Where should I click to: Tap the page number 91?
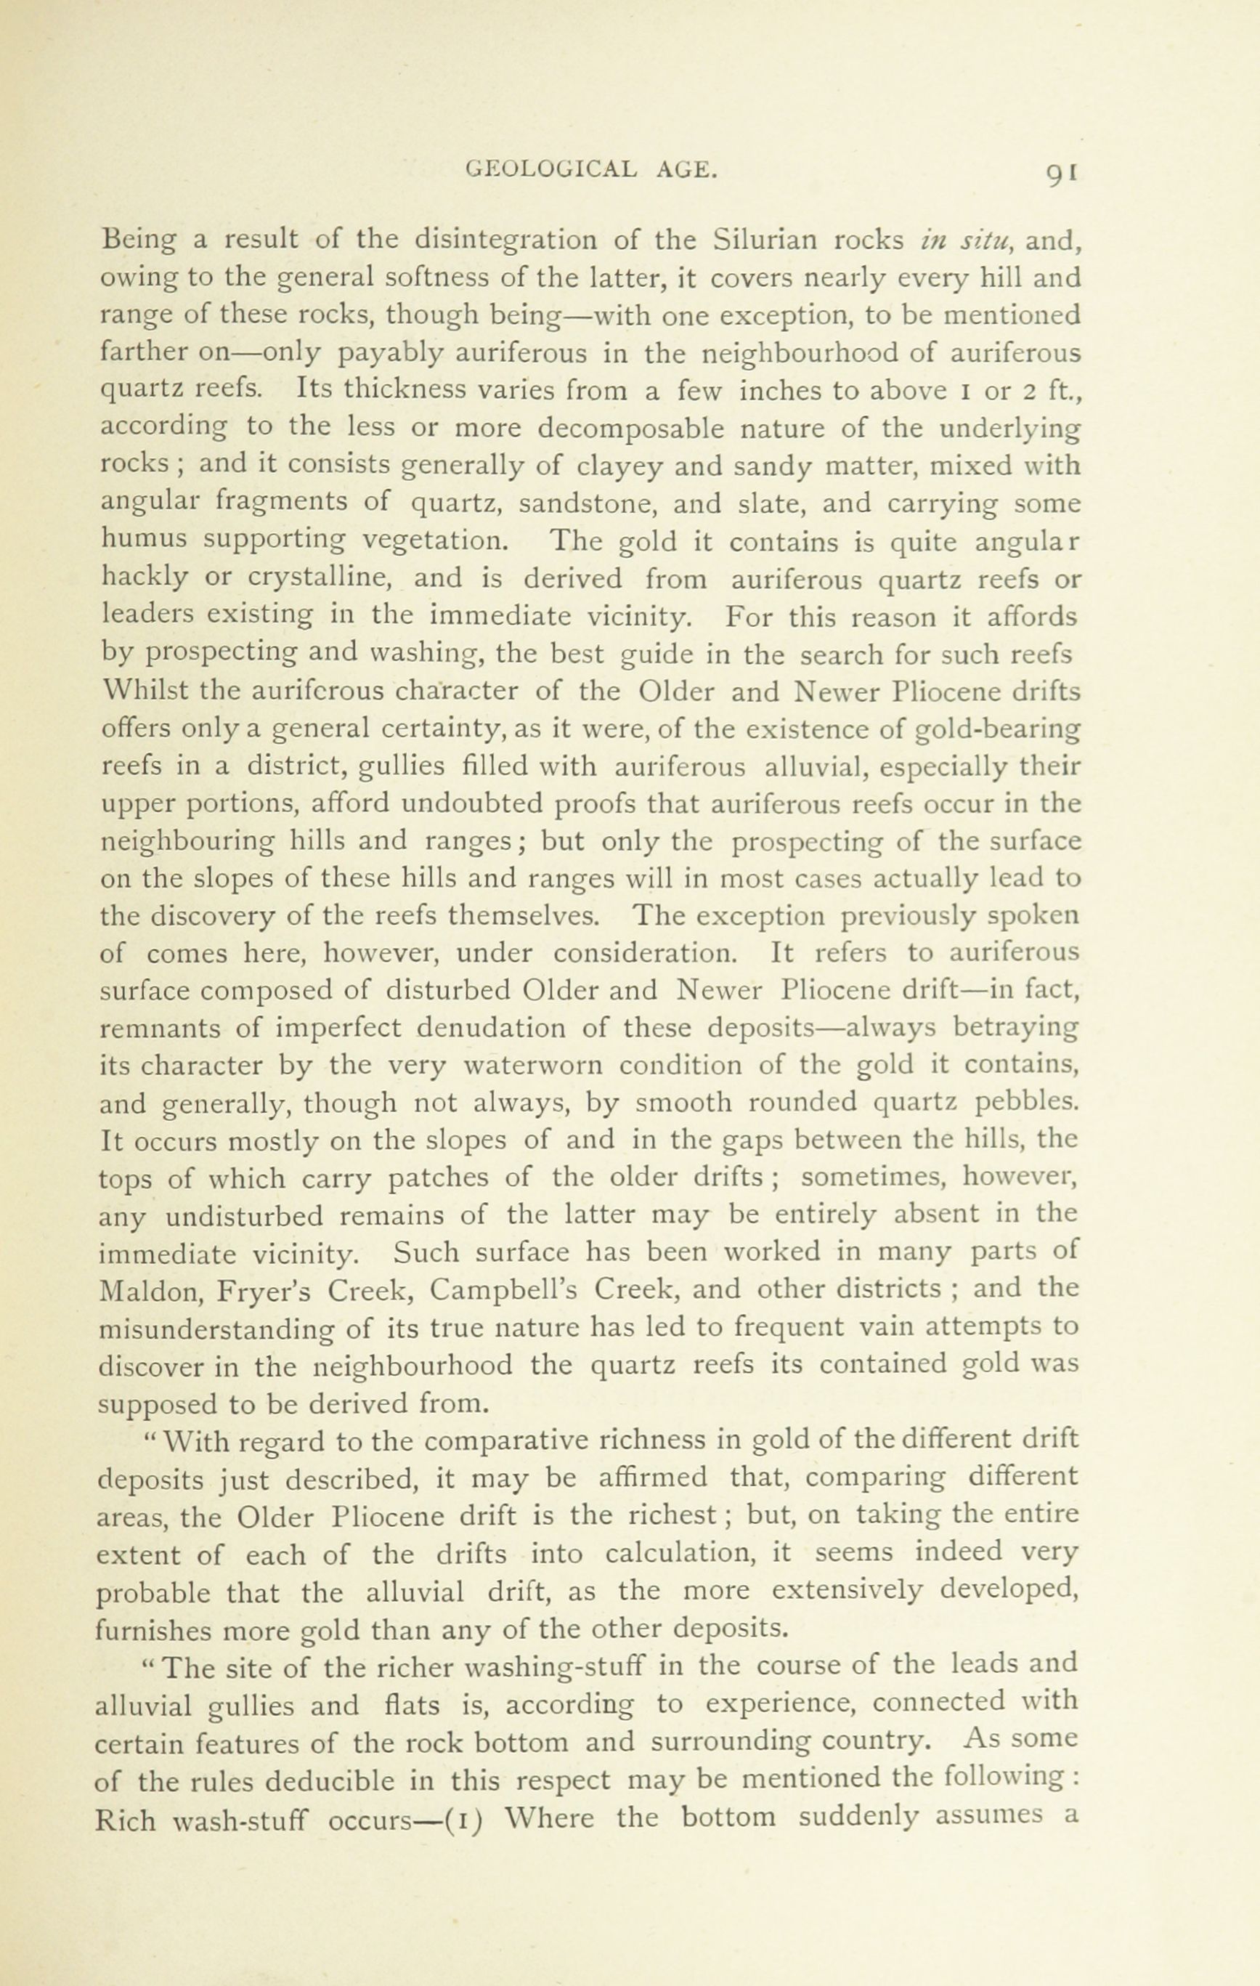click(1061, 171)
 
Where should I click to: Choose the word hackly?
click(144, 578)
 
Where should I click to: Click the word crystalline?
click(319, 578)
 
